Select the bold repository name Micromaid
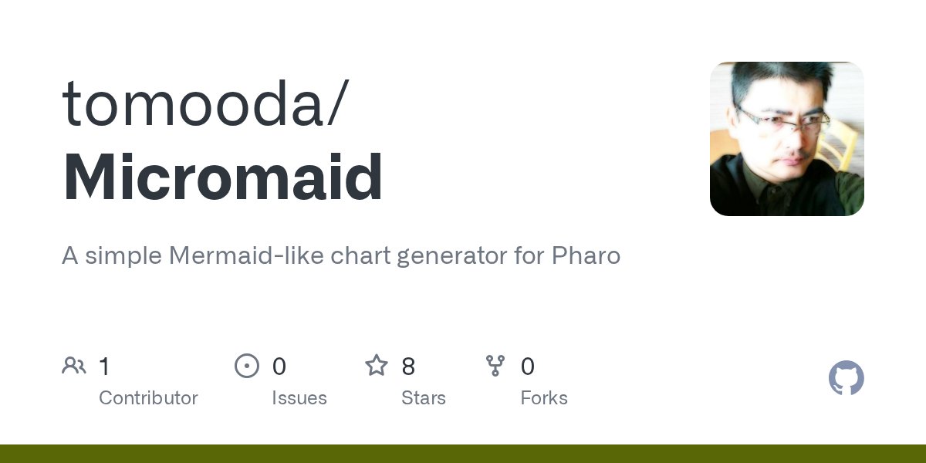(x=222, y=178)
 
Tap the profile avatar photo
(x=786, y=139)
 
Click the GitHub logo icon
(x=846, y=378)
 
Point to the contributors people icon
(x=74, y=366)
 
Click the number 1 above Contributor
(x=104, y=367)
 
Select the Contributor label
(x=148, y=398)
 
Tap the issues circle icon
(x=246, y=366)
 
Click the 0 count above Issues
(x=279, y=367)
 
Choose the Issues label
(x=299, y=398)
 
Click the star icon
(x=376, y=366)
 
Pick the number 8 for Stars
(x=408, y=367)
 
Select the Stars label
(x=423, y=398)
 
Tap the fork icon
(x=495, y=366)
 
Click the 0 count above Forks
(x=527, y=367)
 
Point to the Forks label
(x=543, y=398)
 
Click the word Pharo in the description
(x=586, y=255)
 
